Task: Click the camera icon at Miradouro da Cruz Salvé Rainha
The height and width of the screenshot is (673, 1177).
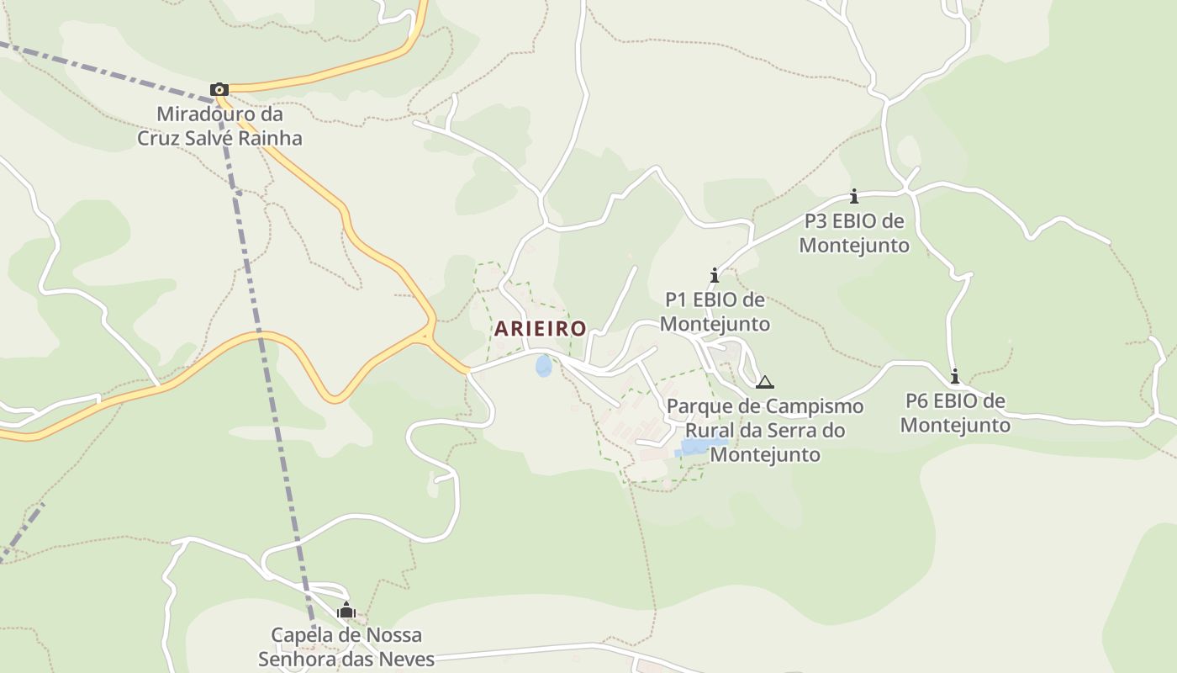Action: pos(219,89)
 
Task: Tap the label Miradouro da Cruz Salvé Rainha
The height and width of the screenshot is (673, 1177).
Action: pos(219,126)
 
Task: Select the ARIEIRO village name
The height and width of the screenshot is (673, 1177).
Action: pos(540,329)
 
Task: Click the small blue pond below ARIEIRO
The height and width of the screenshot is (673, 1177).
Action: pos(544,366)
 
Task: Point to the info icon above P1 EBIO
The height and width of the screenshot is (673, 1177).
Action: pos(715,275)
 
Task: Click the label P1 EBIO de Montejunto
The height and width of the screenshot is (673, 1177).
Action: pos(715,312)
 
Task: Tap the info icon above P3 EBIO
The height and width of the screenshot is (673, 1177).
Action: pos(854,196)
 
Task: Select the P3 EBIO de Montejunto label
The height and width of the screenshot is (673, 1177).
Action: pos(854,233)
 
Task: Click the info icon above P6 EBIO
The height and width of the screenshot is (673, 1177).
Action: pos(955,376)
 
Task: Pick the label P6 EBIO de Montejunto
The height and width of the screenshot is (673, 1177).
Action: pos(955,412)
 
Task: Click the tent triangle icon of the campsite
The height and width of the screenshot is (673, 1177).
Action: pos(764,383)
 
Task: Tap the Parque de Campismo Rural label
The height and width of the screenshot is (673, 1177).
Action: pos(764,430)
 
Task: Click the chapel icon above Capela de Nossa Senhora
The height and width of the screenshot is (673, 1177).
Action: pos(346,610)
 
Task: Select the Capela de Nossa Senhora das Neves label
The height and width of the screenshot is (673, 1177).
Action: pos(346,647)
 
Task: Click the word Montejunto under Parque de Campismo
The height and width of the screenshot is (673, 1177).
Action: pos(765,454)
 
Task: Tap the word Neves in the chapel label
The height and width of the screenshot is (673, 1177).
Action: pos(409,659)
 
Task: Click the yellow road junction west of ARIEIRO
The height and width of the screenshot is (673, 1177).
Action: pos(429,335)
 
